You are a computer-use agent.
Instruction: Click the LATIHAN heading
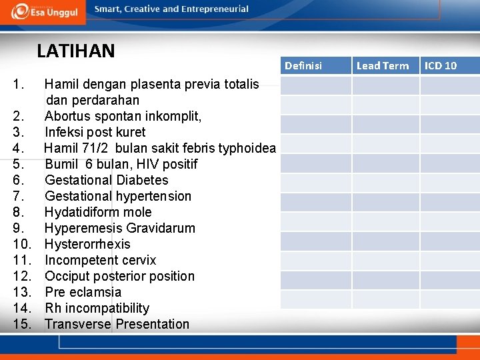click(76, 51)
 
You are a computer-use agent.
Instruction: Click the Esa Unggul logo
click(44, 11)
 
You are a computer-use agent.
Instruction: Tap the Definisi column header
click(303, 65)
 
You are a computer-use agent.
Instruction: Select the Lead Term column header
click(383, 65)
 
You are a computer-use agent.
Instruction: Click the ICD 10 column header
click(441, 65)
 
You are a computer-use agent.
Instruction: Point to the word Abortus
click(67, 116)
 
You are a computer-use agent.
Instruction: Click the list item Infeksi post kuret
click(95, 132)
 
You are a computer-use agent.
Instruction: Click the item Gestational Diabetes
click(107, 180)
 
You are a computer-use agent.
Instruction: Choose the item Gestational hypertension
click(118, 196)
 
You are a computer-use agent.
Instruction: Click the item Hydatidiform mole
click(98, 212)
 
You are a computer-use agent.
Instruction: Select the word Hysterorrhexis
click(87, 244)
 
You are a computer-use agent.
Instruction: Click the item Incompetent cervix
click(100, 260)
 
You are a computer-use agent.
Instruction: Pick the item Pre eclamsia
click(83, 292)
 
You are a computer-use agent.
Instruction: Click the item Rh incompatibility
click(97, 308)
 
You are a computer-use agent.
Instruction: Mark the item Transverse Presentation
click(117, 324)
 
